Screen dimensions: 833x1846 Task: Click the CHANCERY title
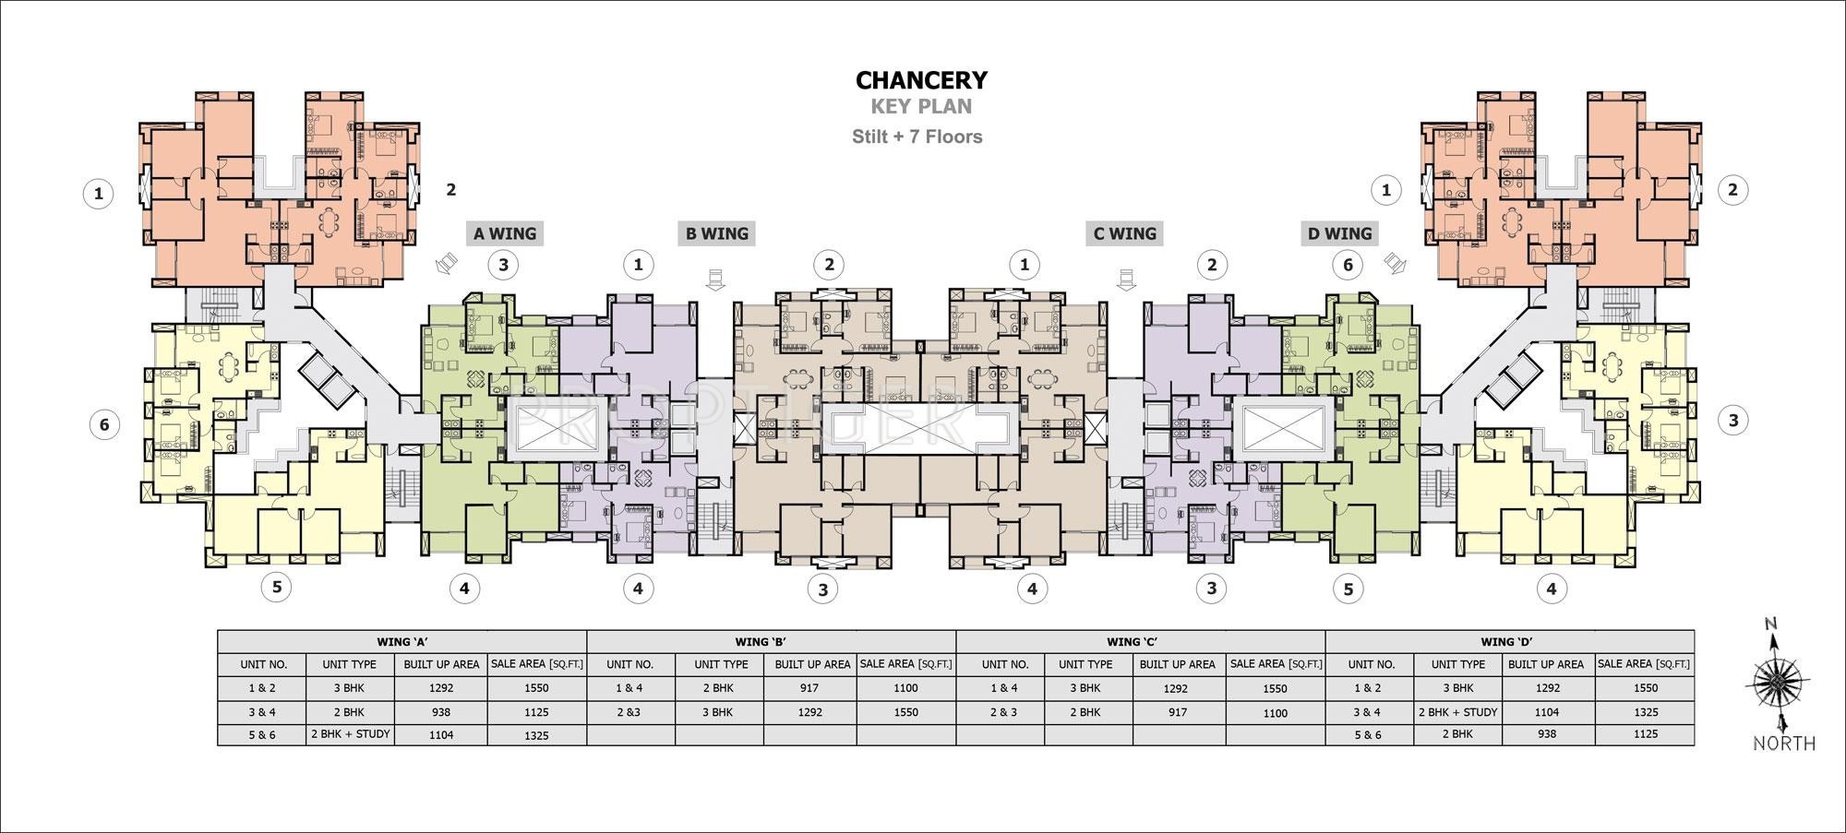[x=921, y=80]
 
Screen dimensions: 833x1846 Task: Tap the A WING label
[x=504, y=233]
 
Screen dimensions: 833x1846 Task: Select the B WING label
[x=716, y=233]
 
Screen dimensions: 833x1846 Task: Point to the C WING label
[x=1124, y=233]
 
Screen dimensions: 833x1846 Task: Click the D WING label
[x=1340, y=233]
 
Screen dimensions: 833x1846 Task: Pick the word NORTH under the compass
[x=1783, y=744]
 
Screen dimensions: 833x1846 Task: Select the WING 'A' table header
[x=402, y=642]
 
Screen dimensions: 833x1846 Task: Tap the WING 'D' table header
[x=1508, y=642]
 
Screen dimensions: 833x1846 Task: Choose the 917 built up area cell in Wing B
[x=810, y=688]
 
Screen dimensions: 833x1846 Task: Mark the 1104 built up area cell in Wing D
[x=1546, y=712]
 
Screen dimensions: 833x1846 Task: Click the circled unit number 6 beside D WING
[x=1348, y=266]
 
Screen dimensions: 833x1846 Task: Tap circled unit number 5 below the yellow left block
[x=276, y=587]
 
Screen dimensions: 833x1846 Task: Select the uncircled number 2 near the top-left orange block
[x=450, y=190]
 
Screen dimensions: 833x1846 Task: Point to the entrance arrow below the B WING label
[x=716, y=278]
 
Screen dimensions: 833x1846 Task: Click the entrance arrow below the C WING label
[x=1124, y=278]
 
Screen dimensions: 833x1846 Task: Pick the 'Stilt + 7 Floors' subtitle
[x=917, y=137]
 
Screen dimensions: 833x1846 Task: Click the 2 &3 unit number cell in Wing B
[x=629, y=712]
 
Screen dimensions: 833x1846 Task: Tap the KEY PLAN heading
[x=921, y=107]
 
